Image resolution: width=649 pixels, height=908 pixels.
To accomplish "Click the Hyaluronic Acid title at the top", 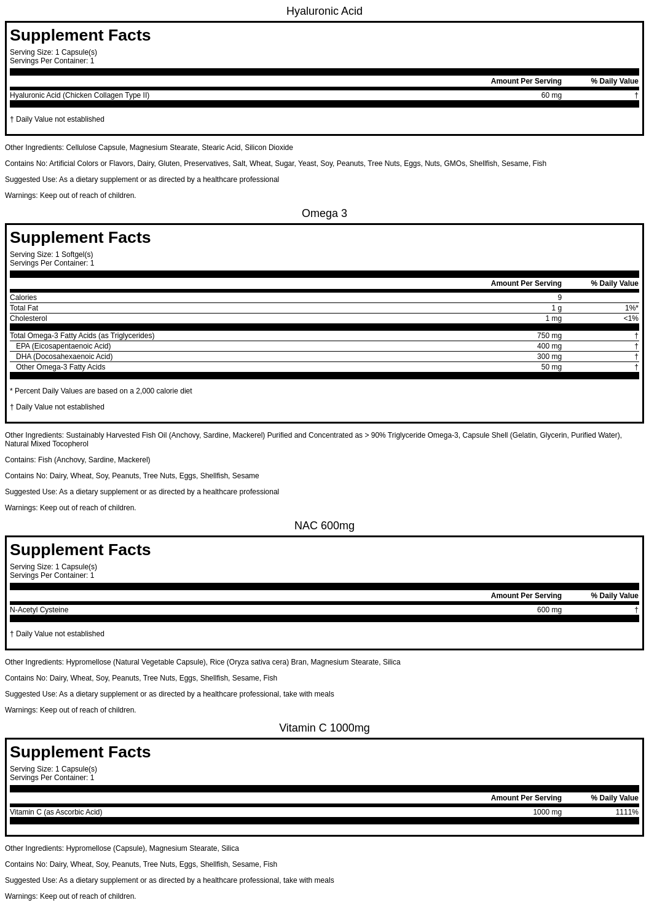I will coord(324,11).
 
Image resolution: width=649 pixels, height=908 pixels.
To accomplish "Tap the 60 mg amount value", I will coord(551,95).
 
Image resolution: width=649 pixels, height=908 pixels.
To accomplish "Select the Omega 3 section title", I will coord(324,213).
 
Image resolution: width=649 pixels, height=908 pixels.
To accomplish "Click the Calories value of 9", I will coord(559,298).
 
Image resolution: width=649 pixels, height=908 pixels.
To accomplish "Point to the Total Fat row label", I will coord(24,308).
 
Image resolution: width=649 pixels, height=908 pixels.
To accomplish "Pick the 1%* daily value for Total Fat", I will coord(631,308).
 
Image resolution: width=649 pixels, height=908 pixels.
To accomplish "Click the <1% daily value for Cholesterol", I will coord(631,318).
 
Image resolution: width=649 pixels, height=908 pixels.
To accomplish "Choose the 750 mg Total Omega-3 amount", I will coord(549,336).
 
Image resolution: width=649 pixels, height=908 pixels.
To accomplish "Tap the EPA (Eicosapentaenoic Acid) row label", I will coord(63,346).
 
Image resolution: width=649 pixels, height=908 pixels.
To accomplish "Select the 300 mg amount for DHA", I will coord(549,357).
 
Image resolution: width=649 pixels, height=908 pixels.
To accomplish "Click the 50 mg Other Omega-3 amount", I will coord(551,367).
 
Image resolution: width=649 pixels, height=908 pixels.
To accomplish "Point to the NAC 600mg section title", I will coord(324,526).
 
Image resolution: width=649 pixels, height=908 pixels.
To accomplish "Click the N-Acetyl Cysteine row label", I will coord(39,610).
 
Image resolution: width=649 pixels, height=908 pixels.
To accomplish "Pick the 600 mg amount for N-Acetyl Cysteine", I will coord(549,610).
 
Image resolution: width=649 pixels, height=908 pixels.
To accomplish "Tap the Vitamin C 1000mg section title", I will coord(324,728).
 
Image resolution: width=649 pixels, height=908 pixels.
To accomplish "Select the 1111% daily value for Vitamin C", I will coord(626,812).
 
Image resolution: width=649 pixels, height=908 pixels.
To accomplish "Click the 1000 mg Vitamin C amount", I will coord(547,812).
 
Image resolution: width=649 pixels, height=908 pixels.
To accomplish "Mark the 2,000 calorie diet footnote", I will coord(101,391).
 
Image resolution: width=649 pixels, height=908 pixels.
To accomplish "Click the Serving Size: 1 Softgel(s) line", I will coord(52,255).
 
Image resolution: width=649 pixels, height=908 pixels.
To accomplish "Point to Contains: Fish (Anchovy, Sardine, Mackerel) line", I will coord(77,460).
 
